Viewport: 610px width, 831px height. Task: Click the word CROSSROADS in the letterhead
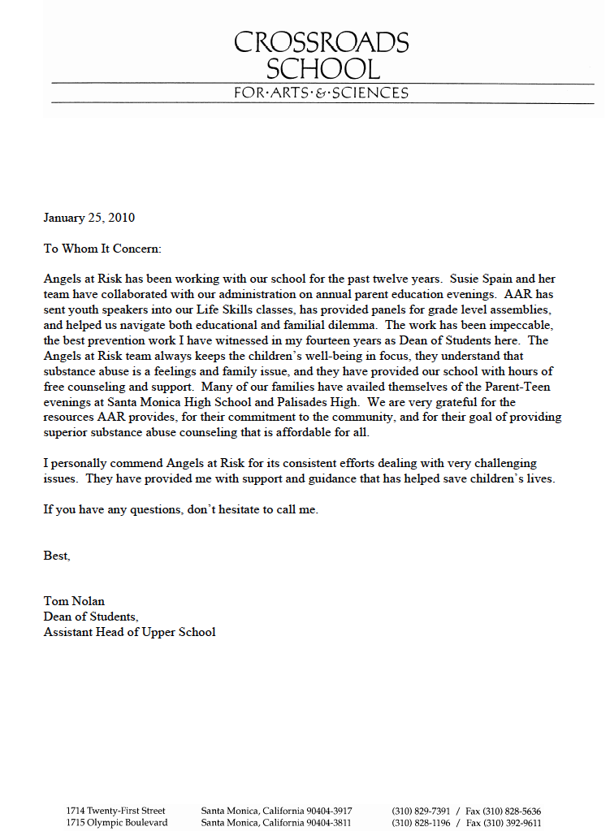[322, 42]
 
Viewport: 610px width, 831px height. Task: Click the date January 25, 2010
[89, 218]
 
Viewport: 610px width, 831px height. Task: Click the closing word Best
[57, 556]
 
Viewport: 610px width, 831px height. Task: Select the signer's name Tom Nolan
[74, 601]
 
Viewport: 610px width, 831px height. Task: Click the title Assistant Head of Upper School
[129, 632]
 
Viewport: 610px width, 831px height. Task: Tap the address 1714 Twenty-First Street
[115, 812]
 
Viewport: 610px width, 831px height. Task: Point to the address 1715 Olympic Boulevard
[116, 823]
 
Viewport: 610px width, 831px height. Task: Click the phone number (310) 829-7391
[420, 812]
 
